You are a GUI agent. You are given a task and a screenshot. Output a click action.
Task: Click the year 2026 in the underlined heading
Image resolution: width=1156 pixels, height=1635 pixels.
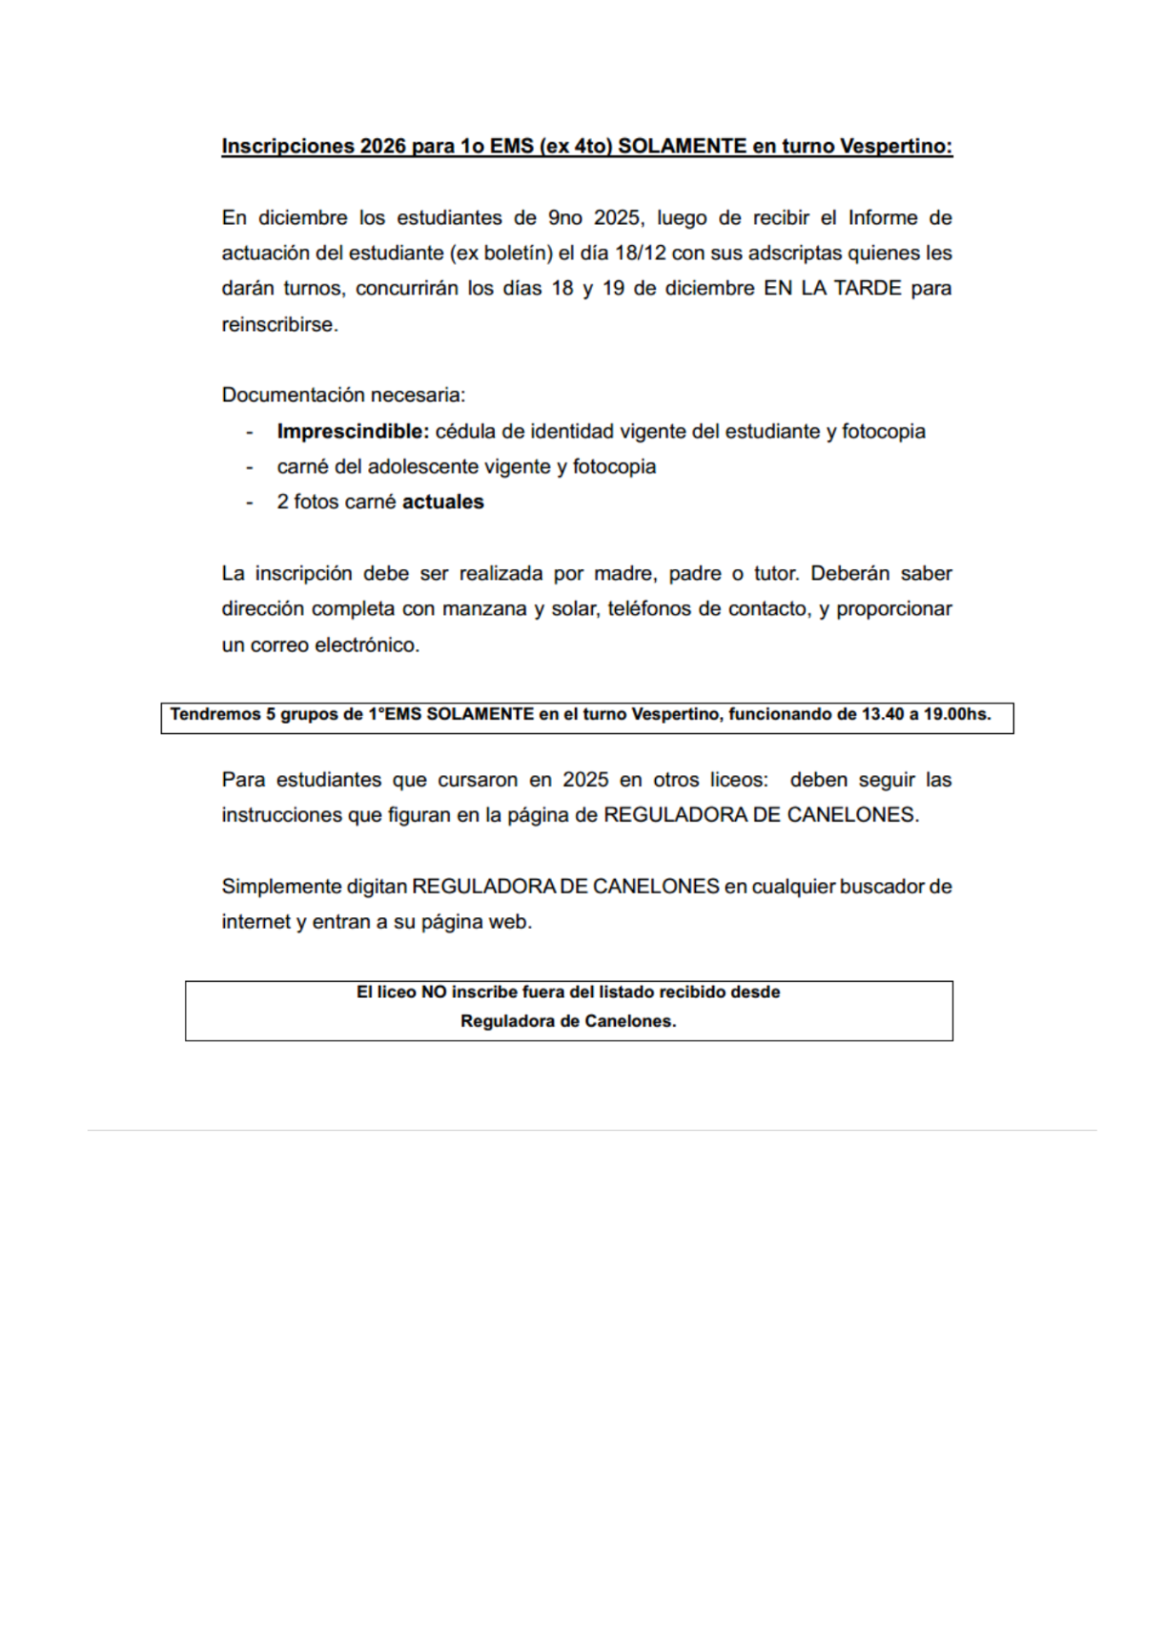pyautogui.click(x=382, y=146)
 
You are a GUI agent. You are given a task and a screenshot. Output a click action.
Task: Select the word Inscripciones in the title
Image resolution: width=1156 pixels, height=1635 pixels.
pyautogui.click(x=287, y=146)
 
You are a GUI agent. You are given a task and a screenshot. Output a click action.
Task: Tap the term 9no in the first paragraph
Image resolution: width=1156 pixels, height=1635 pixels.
pyautogui.click(x=565, y=218)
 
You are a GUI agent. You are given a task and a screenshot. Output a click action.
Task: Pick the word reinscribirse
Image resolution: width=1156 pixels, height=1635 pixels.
pyautogui.click(x=279, y=324)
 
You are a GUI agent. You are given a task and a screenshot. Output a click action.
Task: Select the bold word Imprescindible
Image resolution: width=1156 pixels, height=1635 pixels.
pyautogui.click(x=352, y=432)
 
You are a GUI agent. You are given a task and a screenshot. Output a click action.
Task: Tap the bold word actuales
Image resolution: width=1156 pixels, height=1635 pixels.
pyautogui.click(x=443, y=502)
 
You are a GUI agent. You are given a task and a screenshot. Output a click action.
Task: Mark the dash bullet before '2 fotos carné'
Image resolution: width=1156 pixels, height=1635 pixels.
pyautogui.click(x=250, y=502)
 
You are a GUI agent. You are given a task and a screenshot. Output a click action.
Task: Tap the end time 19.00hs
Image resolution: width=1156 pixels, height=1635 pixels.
pyautogui.click(x=958, y=714)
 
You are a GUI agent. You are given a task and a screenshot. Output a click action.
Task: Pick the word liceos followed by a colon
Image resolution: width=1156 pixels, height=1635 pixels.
pyautogui.click(x=739, y=780)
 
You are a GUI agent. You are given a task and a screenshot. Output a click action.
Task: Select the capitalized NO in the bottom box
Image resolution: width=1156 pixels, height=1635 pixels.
pyautogui.click(x=434, y=992)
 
